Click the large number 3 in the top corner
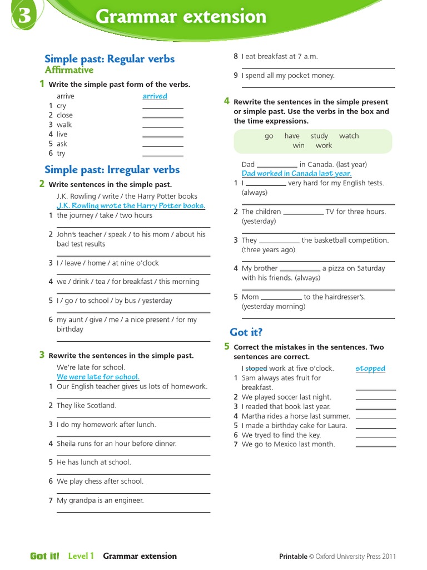[x=24, y=16]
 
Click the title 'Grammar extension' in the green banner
[x=181, y=17]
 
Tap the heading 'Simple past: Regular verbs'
[x=110, y=59]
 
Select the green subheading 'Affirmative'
[x=69, y=70]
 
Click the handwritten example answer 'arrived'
[x=155, y=96]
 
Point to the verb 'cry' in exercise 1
[x=61, y=106]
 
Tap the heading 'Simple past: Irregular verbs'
[x=112, y=170]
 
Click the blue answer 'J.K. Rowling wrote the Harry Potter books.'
[x=131, y=205]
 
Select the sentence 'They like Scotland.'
[x=87, y=405]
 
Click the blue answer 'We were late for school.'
[x=98, y=377]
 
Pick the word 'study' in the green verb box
[x=319, y=136]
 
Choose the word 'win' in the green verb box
[x=299, y=145]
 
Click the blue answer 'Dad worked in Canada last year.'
[x=296, y=174]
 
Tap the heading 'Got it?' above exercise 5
[x=246, y=332]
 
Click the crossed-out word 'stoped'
[x=256, y=368]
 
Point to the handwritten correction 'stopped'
[x=370, y=368]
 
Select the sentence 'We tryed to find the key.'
[x=281, y=435]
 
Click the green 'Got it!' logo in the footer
[x=44, y=556]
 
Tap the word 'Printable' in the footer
[x=293, y=556]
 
